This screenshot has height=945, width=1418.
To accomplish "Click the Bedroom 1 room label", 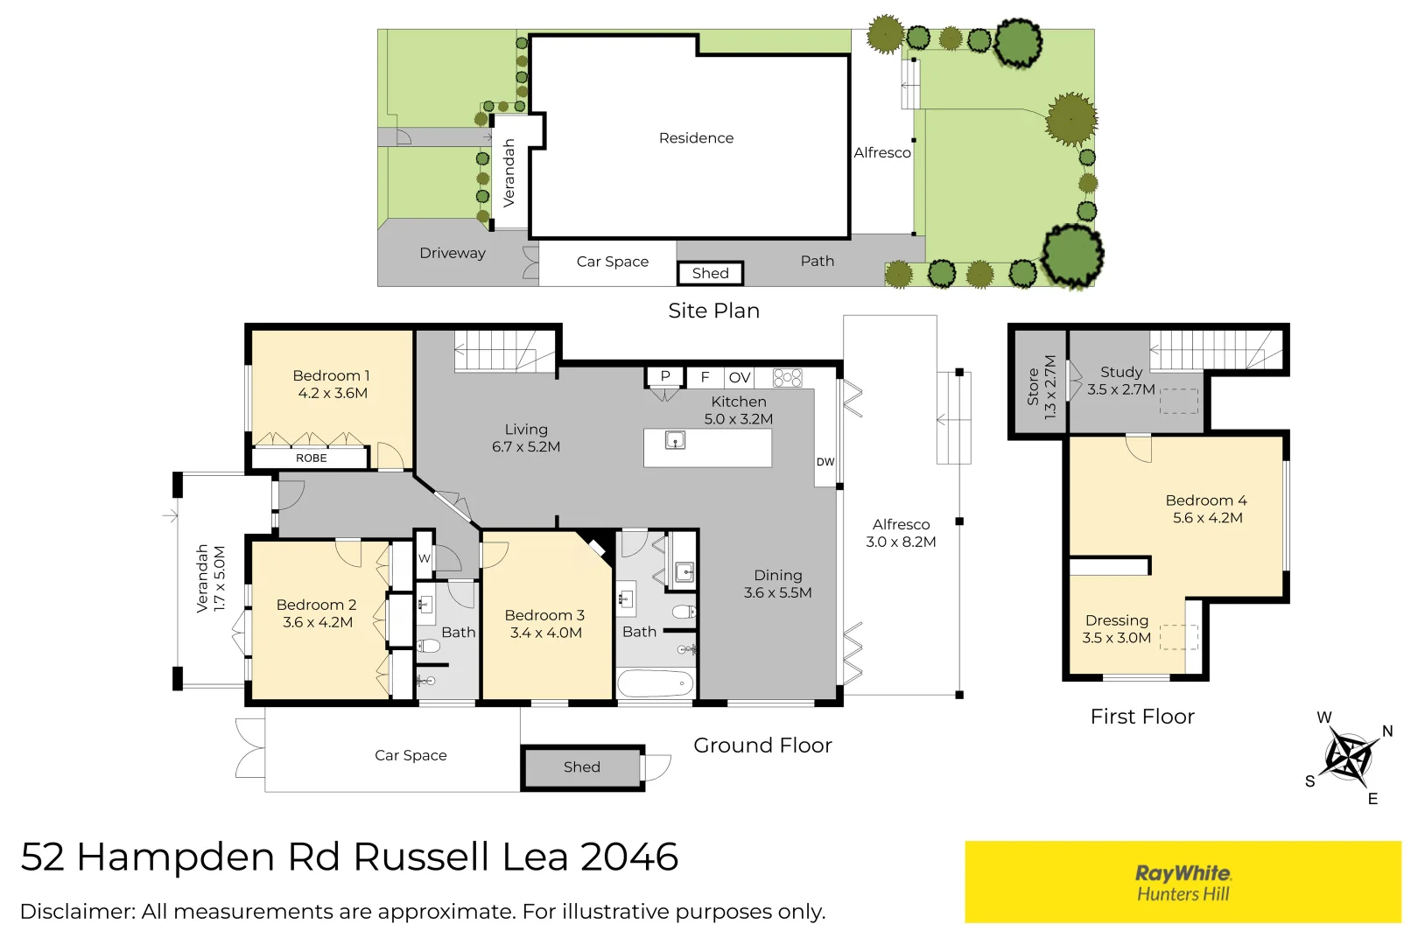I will (x=332, y=384).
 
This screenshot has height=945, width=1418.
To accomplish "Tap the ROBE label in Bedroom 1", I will (x=311, y=458).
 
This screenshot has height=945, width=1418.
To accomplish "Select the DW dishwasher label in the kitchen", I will (x=825, y=462).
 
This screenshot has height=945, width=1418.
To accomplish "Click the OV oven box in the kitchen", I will (x=740, y=378).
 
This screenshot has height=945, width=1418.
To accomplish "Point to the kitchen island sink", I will (x=675, y=440).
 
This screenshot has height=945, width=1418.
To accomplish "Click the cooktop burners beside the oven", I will (x=787, y=378).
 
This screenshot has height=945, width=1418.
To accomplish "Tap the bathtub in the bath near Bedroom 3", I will (x=655, y=683).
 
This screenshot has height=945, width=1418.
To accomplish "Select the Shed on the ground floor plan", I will (x=582, y=767).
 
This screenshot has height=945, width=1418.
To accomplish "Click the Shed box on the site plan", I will (x=710, y=273).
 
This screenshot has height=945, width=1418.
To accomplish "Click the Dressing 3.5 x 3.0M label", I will (x=1116, y=628).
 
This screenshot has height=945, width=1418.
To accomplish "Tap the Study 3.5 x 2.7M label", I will (x=1121, y=381).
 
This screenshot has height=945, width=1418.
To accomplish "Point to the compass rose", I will (x=1348, y=756).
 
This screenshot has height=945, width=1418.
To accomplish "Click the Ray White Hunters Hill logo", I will (x=1183, y=882).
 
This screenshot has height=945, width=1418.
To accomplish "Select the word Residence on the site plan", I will (x=696, y=138).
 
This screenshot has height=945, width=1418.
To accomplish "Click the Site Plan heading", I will (x=713, y=311).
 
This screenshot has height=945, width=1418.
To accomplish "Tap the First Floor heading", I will (x=1141, y=717).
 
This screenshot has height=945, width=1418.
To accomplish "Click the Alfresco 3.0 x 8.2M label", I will (x=901, y=533).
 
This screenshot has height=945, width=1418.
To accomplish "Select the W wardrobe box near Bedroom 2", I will (x=424, y=558).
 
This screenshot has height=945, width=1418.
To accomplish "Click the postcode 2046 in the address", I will (x=629, y=857).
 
